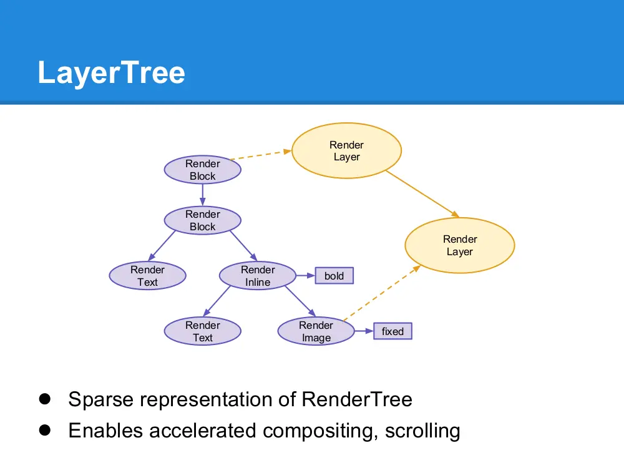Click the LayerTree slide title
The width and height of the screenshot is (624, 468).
111,72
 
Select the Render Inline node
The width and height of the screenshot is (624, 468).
258,276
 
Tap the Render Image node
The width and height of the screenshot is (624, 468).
316,331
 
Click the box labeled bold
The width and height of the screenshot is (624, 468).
334,276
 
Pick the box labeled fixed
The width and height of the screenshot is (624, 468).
392,331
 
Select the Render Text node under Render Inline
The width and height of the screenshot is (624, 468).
202,331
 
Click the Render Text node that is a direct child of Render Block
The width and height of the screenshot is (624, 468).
147,276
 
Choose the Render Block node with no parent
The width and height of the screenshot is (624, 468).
202,170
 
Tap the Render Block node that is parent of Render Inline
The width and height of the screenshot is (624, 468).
202,220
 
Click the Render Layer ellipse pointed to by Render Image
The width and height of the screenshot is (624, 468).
460,245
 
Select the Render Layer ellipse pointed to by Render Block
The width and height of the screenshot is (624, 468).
346,151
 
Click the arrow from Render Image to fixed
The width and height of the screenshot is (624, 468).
364,331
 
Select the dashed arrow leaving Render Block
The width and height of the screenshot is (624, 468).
260,155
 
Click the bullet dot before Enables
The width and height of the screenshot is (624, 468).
44,430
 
